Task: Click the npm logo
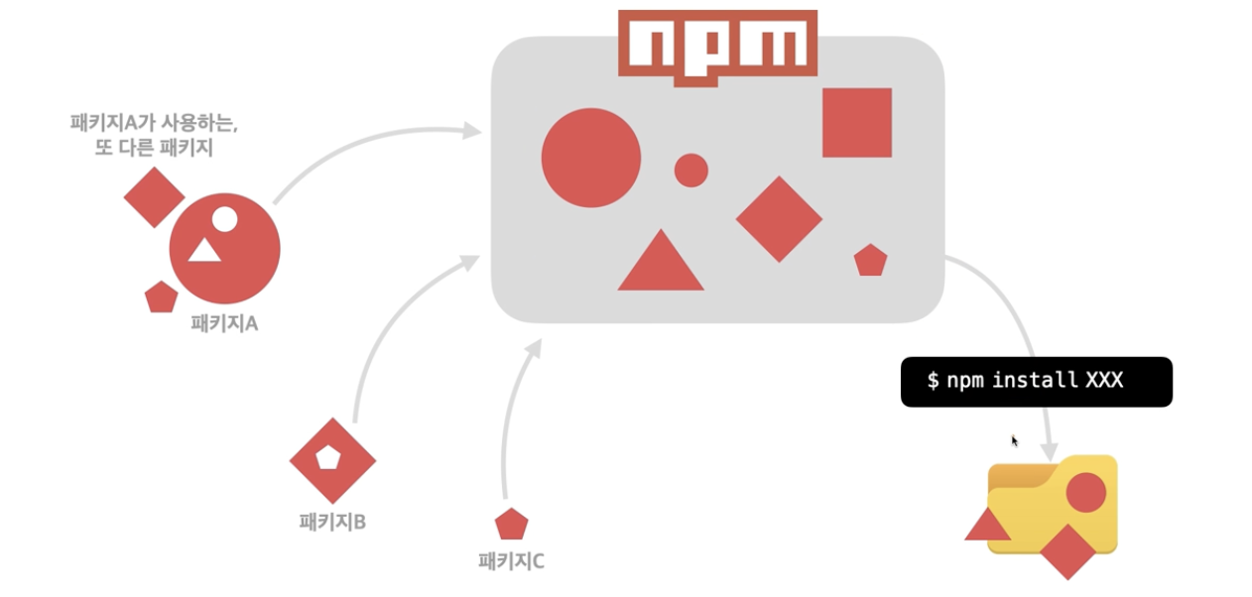pyautogui.click(x=717, y=45)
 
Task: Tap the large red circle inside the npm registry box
pyautogui.click(x=590, y=158)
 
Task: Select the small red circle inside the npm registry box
pyautogui.click(x=690, y=171)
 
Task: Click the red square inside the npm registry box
pyautogui.click(x=856, y=123)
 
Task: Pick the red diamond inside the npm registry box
pyautogui.click(x=779, y=219)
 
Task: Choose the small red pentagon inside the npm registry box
pyautogui.click(x=870, y=261)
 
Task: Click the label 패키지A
pyautogui.click(x=224, y=323)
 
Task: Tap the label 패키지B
pyautogui.click(x=332, y=521)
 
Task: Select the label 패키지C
pyautogui.click(x=511, y=561)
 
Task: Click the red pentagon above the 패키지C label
pyautogui.click(x=511, y=525)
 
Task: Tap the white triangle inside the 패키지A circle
pyautogui.click(x=204, y=250)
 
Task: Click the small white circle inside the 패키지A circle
pyautogui.click(x=225, y=219)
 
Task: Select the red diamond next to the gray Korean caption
pyautogui.click(x=154, y=197)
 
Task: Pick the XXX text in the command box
pyautogui.click(x=1104, y=381)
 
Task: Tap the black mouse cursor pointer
pyautogui.click(x=1015, y=441)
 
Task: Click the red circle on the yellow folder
pyautogui.click(x=1085, y=493)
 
